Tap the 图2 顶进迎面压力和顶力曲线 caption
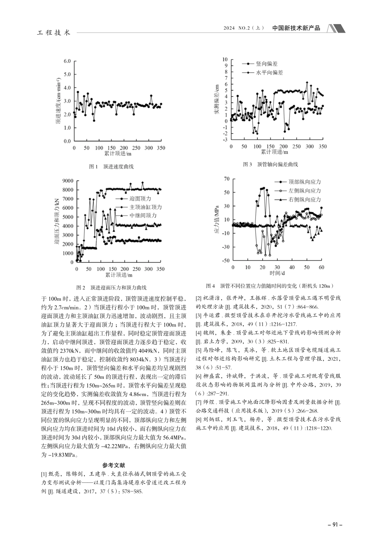pos(111,288)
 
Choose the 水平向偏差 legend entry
pos(269,73)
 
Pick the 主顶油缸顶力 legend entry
pos(146,207)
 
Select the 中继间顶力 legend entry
pos(143,216)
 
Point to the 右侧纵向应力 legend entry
pos(305,200)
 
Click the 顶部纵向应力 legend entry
pos(305,182)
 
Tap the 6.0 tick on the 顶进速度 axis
pos(67,61)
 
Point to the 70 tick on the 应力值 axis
pos(227,179)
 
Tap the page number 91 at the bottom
pos(335,524)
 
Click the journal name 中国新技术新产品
pos(296,28)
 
